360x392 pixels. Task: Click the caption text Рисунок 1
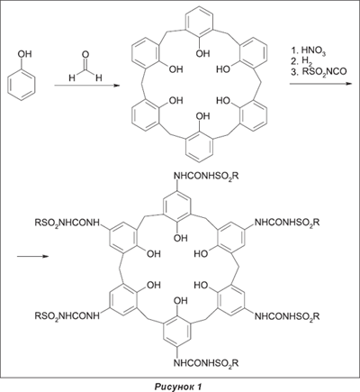click(x=178, y=387)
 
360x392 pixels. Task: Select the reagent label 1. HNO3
click(x=309, y=50)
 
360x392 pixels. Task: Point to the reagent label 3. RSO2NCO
click(x=319, y=71)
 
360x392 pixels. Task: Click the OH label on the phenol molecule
click(x=24, y=54)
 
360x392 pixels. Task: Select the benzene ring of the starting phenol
click(x=22, y=85)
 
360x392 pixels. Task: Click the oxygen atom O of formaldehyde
click(x=85, y=55)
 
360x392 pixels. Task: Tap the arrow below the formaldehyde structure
click(x=86, y=86)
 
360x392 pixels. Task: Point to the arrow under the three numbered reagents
click(x=320, y=84)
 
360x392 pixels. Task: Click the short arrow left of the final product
click(x=32, y=257)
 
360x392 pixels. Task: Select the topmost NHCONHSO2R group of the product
click(x=207, y=177)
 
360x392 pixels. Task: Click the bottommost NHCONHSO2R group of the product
click(x=207, y=363)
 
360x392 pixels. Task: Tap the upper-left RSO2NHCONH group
click(x=67, y=223)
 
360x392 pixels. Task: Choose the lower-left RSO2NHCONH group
click(x=67, y=316)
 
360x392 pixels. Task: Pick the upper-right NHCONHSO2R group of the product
click(x=287, y=223)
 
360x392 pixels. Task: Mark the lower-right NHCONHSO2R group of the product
click(x=287, y=316)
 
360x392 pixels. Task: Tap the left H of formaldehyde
click(x=72, y=78)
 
